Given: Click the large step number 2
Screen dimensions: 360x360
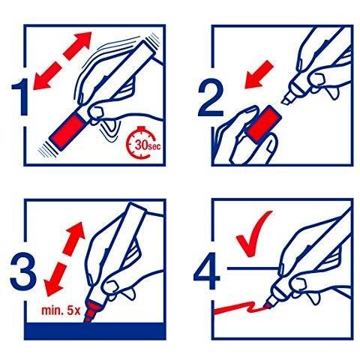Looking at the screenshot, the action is [210, 97].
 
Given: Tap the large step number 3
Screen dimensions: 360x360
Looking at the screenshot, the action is [23, 271].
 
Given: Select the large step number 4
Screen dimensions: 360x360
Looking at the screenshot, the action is [207, 271].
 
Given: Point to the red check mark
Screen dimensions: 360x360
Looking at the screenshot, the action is [253, 235].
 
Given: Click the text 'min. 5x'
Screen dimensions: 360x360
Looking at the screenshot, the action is [61, 310].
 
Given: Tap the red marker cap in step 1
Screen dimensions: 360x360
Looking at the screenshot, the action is [67, 130].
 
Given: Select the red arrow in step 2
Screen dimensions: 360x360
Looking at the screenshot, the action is [259, 75].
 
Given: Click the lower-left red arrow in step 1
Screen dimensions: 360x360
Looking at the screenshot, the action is [47, 76].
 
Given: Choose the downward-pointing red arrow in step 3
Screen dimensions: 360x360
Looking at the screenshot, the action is [55, 280].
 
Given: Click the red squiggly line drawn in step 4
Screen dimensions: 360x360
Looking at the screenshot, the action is [241, 308].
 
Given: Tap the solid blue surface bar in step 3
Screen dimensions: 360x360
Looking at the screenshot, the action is [94, 331].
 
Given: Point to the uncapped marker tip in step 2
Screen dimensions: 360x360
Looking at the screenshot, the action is [287, 98].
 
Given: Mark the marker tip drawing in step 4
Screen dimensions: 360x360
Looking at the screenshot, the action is [268, 303].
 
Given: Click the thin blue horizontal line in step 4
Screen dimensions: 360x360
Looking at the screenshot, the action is [253, 268].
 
